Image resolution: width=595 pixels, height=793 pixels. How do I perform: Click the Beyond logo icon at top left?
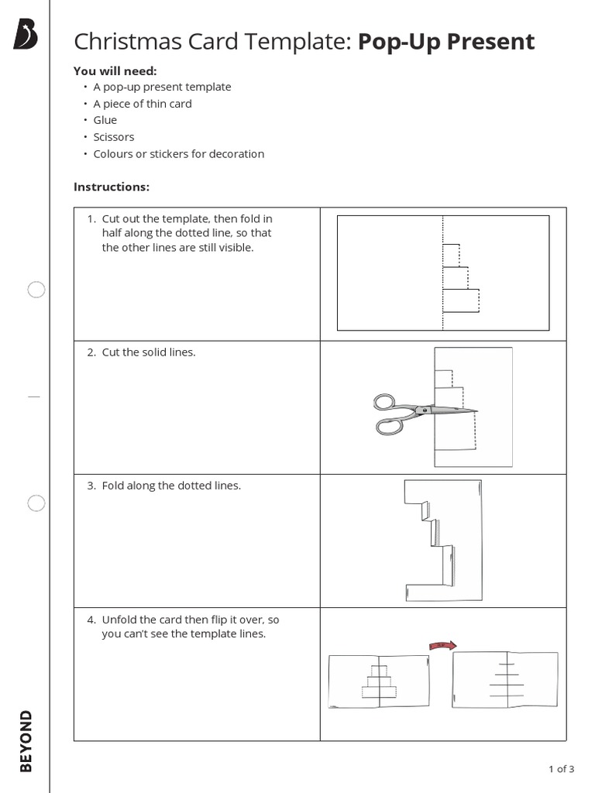(26, 36)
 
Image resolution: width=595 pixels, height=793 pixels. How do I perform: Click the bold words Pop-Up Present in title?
(445, 42)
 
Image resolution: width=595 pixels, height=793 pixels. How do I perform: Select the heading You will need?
(115, 70)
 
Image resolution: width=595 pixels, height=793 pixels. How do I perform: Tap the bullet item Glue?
(105, 120)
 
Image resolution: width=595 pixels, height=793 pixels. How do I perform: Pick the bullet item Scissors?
(113, 137)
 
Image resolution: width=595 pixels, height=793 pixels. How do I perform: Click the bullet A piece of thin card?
(142, 104)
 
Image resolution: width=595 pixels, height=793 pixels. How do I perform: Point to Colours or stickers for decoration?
(178, 154)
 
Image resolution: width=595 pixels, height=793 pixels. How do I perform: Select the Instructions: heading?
(111, 187)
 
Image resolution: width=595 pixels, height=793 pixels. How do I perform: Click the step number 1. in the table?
(91, 219)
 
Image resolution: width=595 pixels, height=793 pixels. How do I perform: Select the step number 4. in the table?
(91, 620)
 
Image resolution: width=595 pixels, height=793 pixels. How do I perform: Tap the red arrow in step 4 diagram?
(442, 644)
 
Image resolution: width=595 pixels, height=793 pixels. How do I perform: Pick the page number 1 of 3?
(561, 769)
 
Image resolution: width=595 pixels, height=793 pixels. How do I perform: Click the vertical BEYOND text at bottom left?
(26, 740)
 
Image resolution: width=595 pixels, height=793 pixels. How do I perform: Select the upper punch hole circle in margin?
(36, 290)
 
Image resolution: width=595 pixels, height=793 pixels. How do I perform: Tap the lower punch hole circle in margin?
(36, 503)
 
